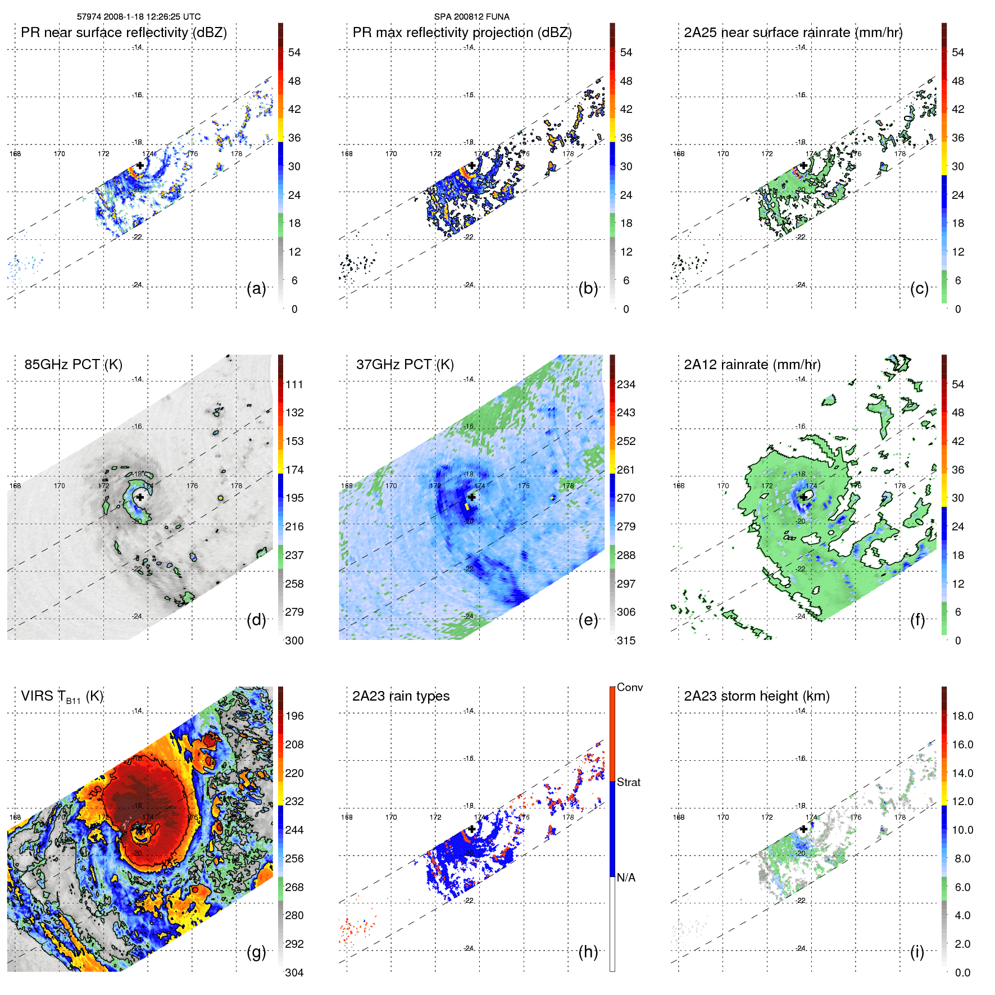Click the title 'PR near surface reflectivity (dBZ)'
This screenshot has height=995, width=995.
coord(124,33)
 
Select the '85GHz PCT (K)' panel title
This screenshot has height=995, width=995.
coord(73,365)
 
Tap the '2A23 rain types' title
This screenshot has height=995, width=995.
coord(401,696)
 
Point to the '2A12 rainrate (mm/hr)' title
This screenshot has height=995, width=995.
coord(752,365)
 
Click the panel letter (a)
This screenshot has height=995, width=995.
coord(256,289)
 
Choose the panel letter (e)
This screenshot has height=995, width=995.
coord(588,620)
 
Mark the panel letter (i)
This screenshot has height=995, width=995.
coord(917,952)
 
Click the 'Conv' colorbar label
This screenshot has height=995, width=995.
coord(629,687)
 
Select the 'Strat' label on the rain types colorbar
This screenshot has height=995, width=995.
coord(628,782)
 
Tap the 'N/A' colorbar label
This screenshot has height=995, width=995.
coord(626,878)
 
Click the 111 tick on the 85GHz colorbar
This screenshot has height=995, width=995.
coord(294,384)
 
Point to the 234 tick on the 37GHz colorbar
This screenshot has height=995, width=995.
coord(626,384)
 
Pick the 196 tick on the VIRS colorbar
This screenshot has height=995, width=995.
coord(294,716)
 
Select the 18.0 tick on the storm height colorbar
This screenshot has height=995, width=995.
coord(962,716)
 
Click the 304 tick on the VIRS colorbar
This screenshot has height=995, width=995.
coord(294,973)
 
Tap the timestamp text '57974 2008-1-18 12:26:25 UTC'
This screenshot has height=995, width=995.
coord(138,17)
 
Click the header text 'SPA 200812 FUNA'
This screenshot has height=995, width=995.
coord(471,17)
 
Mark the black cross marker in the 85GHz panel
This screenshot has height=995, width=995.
coord(140,497)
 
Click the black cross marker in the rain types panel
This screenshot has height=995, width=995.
coord(471,829)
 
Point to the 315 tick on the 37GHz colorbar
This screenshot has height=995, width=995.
coord(626,640)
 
